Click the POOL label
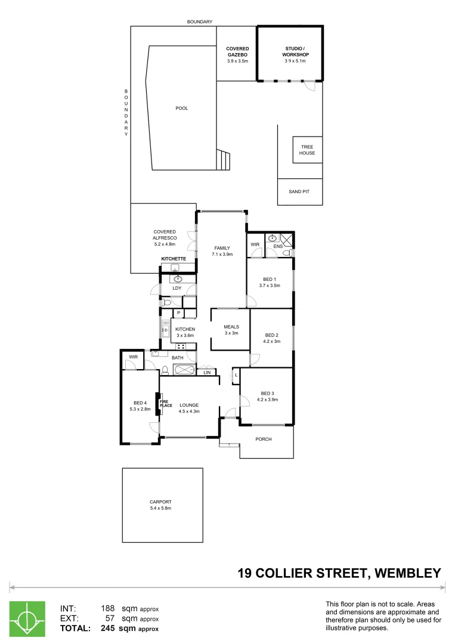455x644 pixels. [x=181, y=108]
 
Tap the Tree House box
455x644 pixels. [x=308, y=150]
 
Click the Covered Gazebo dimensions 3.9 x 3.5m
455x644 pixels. [x=237, y=61]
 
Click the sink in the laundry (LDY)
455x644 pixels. [x=178, y=278]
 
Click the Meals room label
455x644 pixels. [x=231, y=327]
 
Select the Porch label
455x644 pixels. [x=263, y=439]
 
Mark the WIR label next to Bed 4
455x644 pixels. [x=132, y=357]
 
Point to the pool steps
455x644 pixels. [x=223, y=160]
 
